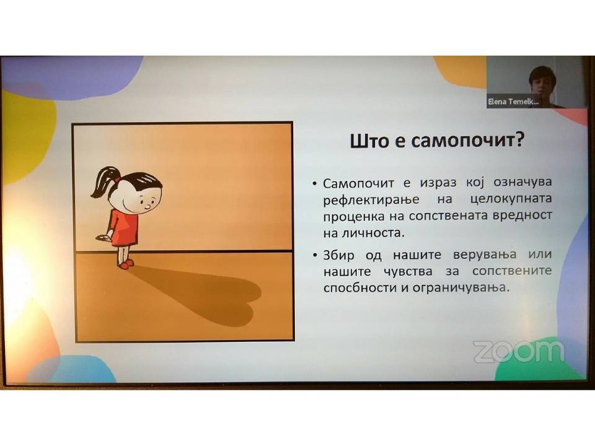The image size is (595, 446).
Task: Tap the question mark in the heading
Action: click(x=518, y=139)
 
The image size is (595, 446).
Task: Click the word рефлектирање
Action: click(x=371, y=200)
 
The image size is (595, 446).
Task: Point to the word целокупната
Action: click(x=511, y=199)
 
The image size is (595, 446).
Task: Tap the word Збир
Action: click(x=338, y=255)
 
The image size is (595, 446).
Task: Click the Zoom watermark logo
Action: click(x=518, y=352)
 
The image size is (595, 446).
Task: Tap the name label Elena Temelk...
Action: click(x=513, y=102)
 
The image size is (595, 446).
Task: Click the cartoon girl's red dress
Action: click(x=123, y=228)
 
